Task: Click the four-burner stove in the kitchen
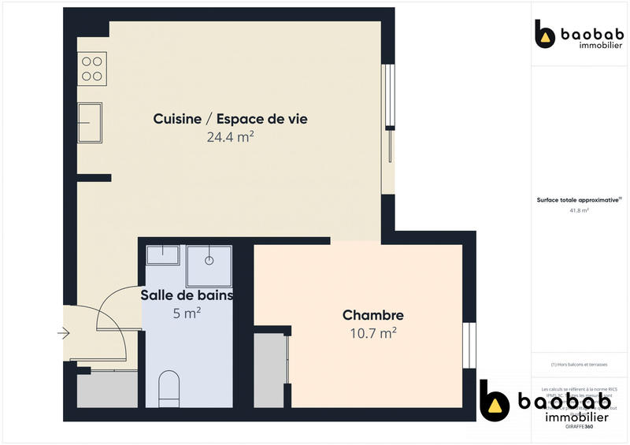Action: click(x=93, y=69)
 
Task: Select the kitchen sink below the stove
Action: click(x=90, y=122)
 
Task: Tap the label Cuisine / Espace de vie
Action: click(x=230, y=119)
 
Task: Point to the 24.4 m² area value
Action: click(x=230, y=136)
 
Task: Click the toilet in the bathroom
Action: click(x=169, y=389)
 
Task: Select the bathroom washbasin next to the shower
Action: click(x=165, y=255)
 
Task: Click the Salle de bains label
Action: click(x=187, y=295)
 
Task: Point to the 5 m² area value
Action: click(x=187, y=313)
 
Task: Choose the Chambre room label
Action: click(x=372, y=315)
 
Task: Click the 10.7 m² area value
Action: click(x=372, y=332)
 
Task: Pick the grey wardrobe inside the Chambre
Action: click(x=269, y=370)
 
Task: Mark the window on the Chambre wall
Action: click(x=469, y=345)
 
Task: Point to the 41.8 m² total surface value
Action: click(x=579, y=211)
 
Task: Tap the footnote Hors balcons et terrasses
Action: click(x=579, y=364)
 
